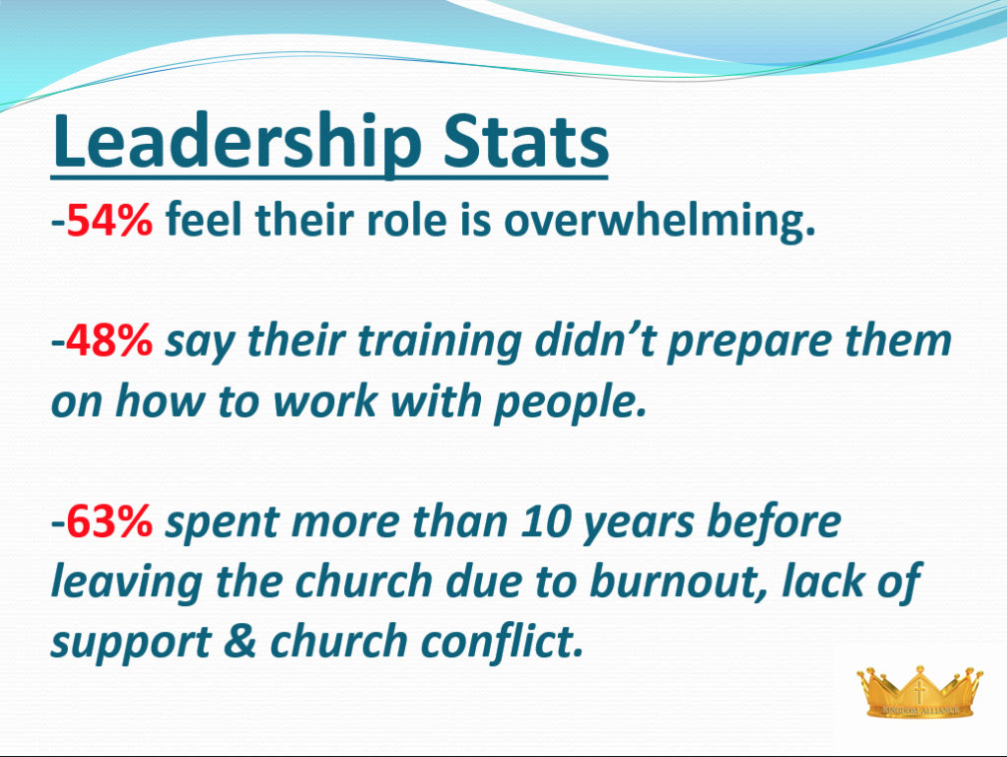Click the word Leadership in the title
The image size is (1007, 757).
pos(237,142)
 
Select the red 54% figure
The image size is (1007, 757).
pos(109,220)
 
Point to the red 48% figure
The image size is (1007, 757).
pos(109,340)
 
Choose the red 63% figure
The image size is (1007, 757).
pos(109,520)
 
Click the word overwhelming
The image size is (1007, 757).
pos(660,220)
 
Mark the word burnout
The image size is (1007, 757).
pos(678,581)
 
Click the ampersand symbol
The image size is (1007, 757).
pos(241,641)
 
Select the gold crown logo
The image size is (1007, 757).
pos(919,691)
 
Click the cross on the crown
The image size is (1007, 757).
pos(920,691)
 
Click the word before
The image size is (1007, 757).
pos(773,520)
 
